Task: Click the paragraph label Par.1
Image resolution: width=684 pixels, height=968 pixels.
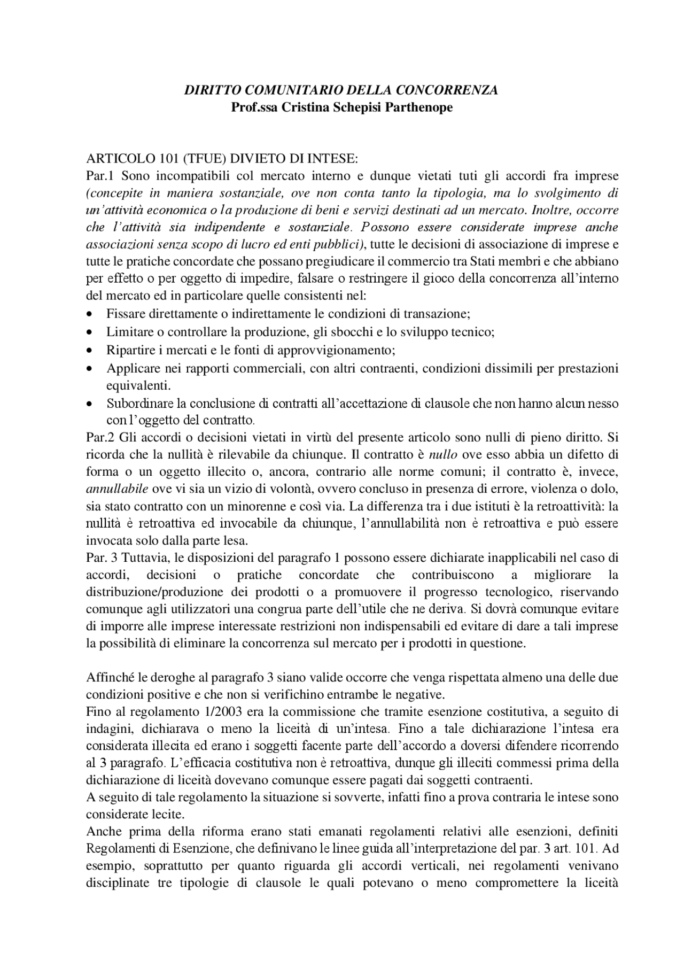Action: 101,176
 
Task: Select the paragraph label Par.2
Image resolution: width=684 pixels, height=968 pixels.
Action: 101,437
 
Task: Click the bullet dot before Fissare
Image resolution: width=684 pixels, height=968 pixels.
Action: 89,314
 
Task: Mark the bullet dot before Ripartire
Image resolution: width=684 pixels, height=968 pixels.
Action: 89,351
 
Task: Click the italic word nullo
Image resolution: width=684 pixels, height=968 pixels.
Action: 444,455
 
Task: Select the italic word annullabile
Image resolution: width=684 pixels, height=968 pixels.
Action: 118,489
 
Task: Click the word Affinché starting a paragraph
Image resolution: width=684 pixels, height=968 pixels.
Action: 110,678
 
